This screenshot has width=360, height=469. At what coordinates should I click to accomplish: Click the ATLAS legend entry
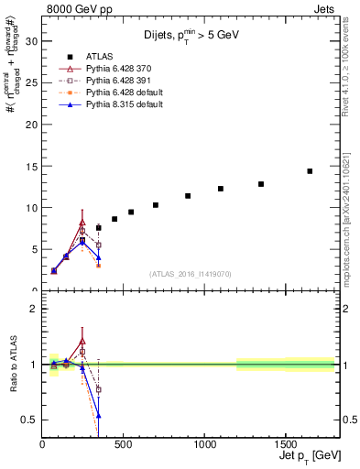pyautogui.click(x=101, y=56)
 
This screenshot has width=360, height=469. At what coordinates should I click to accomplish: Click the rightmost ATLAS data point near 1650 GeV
pyautogui.click(x=310, y=171)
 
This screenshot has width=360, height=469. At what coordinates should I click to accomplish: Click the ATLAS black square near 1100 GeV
pyautogui.click(x=221, y=189)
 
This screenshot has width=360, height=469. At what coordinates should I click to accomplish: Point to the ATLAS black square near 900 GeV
pyautogui.click(x=188, y=196)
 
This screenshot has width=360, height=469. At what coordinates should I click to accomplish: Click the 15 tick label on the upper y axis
pyautogui.click(x=32, y=166)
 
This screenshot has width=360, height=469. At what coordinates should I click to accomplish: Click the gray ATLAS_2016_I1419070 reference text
pyautogui.click(x=189, y=273)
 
